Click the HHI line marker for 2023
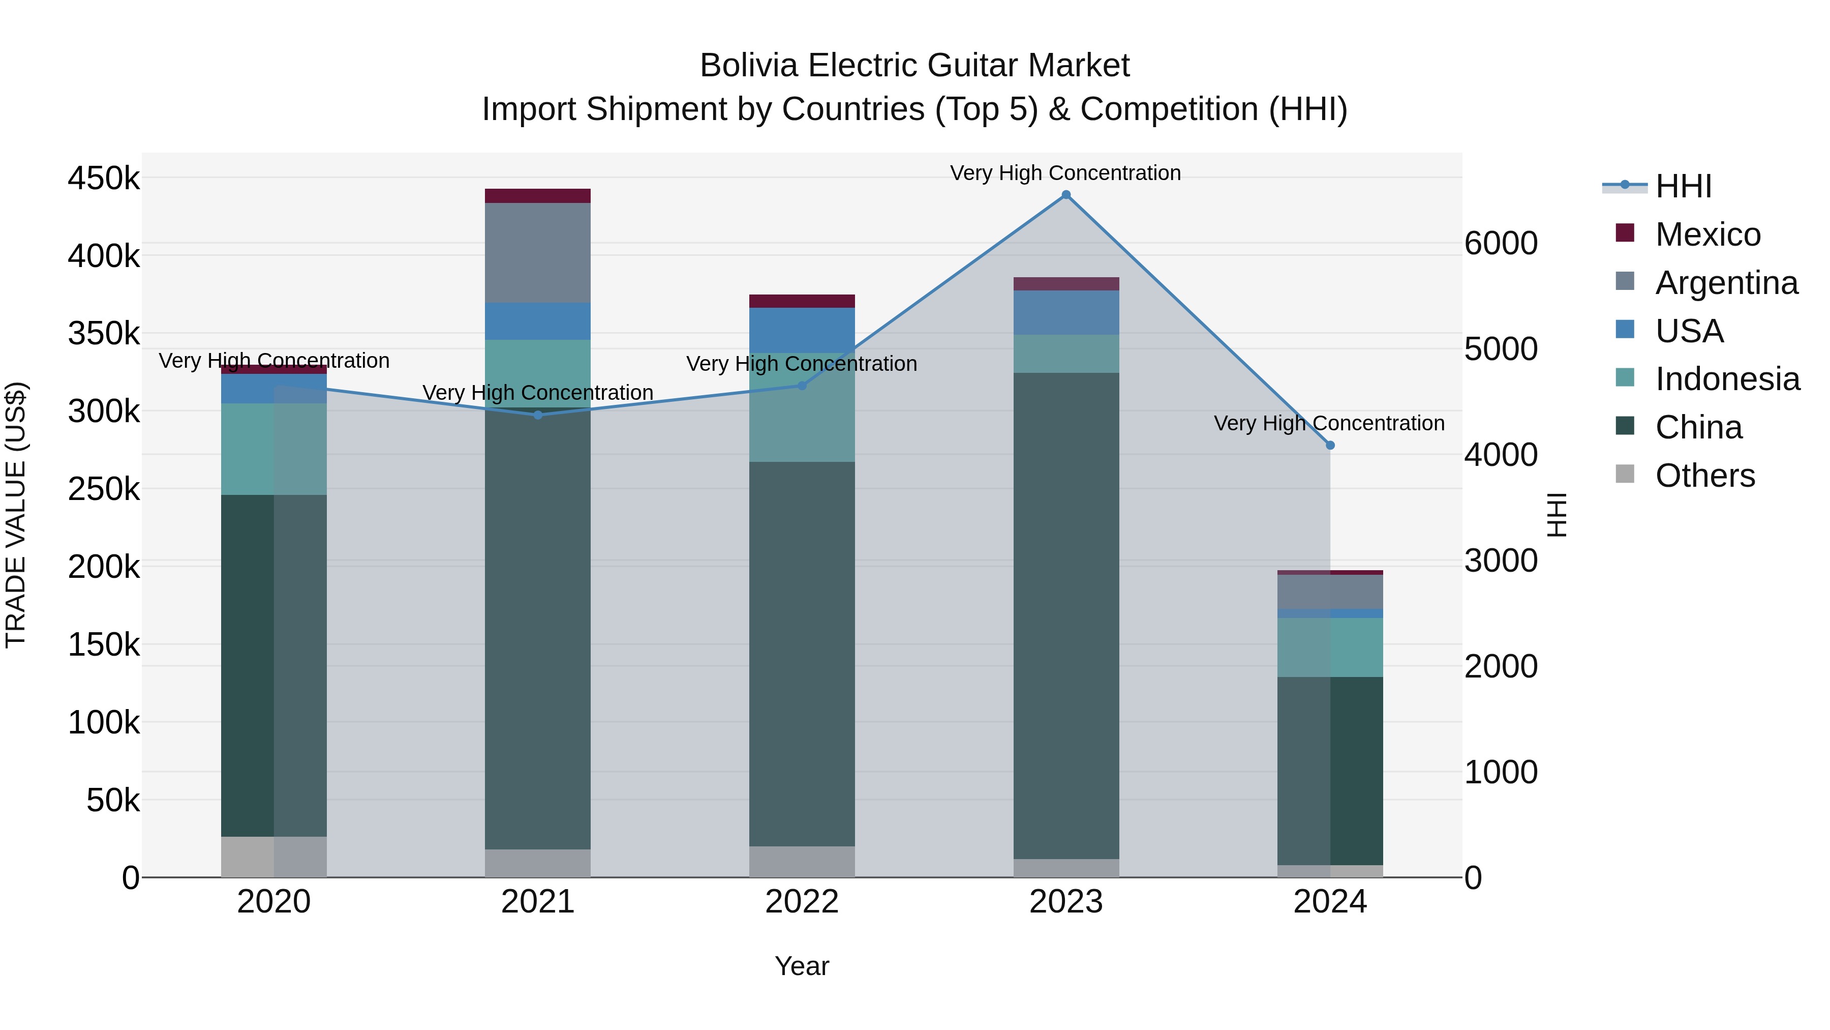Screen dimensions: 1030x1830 [x=1065, y=195]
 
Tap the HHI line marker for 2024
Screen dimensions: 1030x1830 [x=1330, y=445]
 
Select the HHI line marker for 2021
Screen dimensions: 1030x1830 [x=538, y=415]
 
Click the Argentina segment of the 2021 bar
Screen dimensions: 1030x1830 [x=538, y=253]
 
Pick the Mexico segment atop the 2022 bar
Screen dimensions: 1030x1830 [x=802, y=301]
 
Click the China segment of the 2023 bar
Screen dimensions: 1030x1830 [x=1065, y=615]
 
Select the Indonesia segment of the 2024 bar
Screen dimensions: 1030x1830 [x=1330, y=647]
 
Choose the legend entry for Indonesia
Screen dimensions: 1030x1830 [x=1726, y=379]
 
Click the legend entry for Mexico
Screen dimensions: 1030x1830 [x=1707, y=234]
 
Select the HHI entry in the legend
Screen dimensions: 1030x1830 [x=1682, y=186]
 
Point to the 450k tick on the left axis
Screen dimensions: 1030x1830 [x=104, y=178]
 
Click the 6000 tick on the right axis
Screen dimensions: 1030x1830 [x=1501, y=243]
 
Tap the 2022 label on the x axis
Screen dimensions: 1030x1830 [x=802, y=902]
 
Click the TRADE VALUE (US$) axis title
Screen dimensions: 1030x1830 [x=16, y=515]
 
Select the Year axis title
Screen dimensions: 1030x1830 [x=802, y=966]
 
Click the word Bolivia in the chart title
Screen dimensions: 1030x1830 [x=749, y=66]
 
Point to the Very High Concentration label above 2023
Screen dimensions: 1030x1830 [x=1065, y=173]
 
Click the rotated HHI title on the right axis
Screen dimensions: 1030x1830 [x=1557, y=515]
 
